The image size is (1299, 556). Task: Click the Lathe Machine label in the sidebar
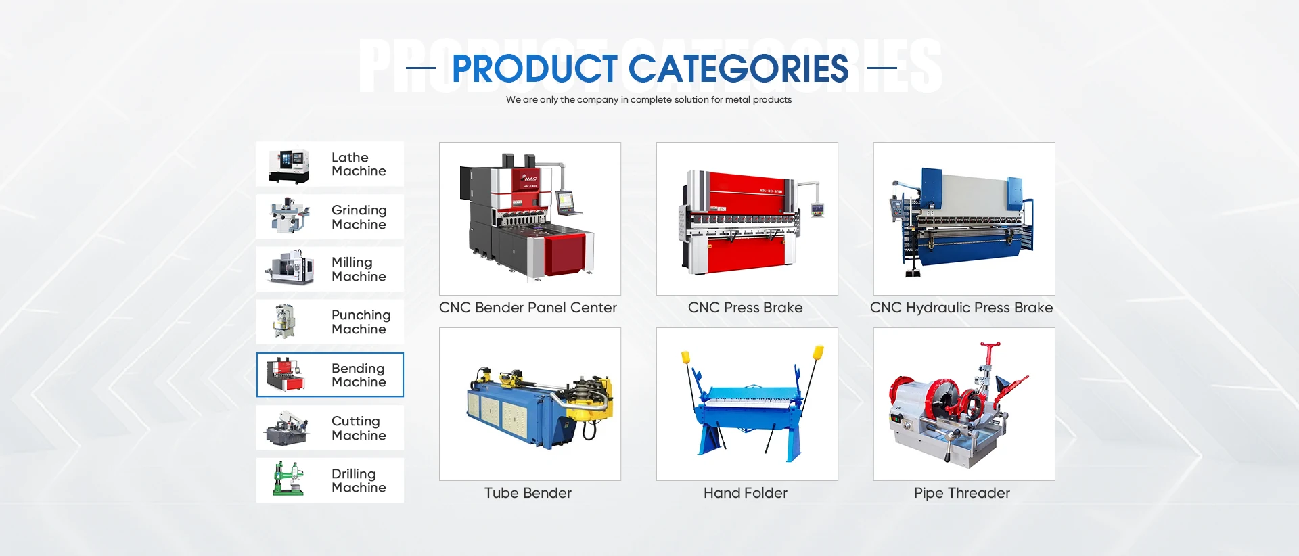tap(359, 164)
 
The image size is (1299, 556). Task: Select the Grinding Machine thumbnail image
tap(290, 216)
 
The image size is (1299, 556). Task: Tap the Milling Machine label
tap(359, 269)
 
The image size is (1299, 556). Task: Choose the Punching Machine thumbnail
tap(285, 321)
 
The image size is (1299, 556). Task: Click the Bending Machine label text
tap(359, 375)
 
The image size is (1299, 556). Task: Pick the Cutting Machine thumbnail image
tap(288, 427)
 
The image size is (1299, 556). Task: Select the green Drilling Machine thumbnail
tap(288, 478)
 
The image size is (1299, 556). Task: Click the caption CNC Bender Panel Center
tap(528, 308)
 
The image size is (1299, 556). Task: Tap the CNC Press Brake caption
tap(745, 308)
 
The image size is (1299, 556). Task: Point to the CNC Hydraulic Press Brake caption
tap(961, 308)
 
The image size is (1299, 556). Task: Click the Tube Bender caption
tap(528, 493)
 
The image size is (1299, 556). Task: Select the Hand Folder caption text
tap(746, 493)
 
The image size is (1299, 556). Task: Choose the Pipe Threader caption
tap(961, 493)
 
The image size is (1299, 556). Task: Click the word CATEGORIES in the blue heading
tap(738, 69)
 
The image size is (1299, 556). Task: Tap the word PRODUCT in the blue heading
tap(534, 69)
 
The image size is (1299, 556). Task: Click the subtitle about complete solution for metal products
tap(649, 100)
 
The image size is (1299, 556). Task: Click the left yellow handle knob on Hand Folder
tap(685, 356)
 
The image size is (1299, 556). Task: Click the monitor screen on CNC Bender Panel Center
tap(565, 200)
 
